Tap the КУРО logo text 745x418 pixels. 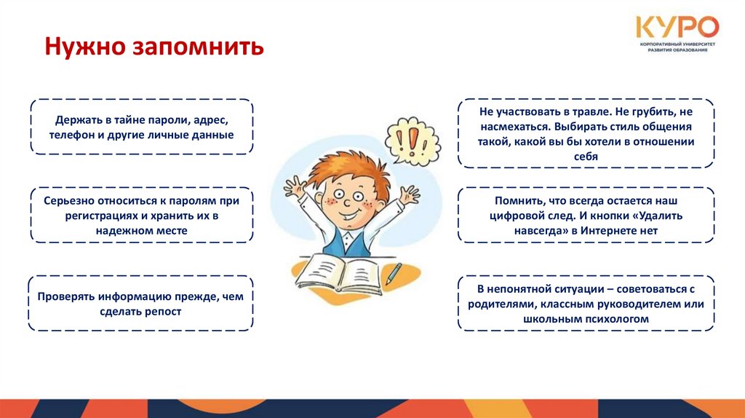pos(677,28)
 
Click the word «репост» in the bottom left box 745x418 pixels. pos(164,311)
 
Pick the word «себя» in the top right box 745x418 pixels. pos(586,157)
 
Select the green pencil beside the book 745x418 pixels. pos(393,274)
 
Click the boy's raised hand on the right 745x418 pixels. pos(409,194)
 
